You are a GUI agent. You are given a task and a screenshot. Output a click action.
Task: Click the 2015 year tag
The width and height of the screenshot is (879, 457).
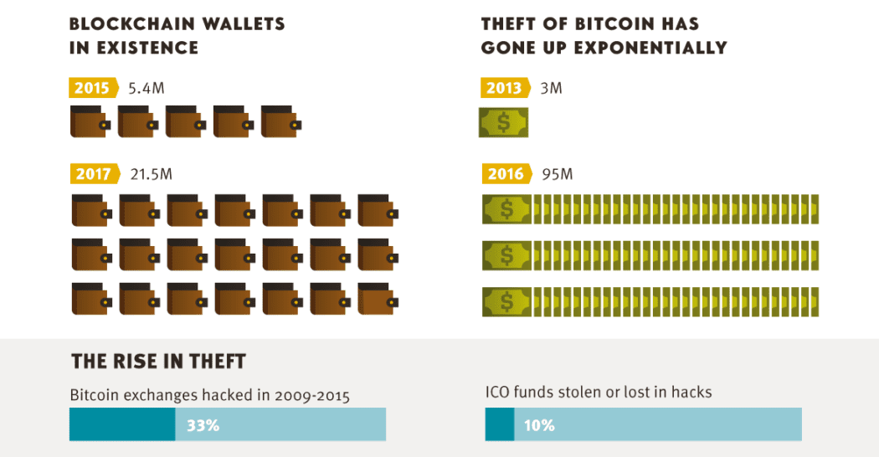coord(93,88)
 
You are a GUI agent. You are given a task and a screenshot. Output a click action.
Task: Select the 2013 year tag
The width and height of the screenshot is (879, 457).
coord(505,88)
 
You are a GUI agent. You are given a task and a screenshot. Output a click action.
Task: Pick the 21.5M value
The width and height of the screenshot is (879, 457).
coord(152,174)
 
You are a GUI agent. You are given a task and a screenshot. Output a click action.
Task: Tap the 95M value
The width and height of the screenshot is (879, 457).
coord(557,174)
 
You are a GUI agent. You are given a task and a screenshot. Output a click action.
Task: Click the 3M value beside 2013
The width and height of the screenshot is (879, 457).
coord(550,88)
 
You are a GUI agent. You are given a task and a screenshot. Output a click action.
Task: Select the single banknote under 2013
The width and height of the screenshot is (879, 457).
coord(504,122)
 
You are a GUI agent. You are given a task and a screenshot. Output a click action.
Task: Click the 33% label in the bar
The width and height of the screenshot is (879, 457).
coord(203,425)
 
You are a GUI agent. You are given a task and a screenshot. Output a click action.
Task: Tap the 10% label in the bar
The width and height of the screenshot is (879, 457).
coord(539,425)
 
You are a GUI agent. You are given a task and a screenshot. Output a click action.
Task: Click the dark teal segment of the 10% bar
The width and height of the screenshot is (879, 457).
coord(500,424)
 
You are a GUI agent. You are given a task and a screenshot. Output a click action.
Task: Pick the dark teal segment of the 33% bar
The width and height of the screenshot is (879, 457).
coord(122,424)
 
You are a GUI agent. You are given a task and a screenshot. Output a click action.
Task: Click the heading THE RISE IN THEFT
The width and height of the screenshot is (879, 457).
coord(158,362)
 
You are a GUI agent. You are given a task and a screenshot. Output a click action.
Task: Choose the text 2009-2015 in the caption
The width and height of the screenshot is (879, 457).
coord(311,395)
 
